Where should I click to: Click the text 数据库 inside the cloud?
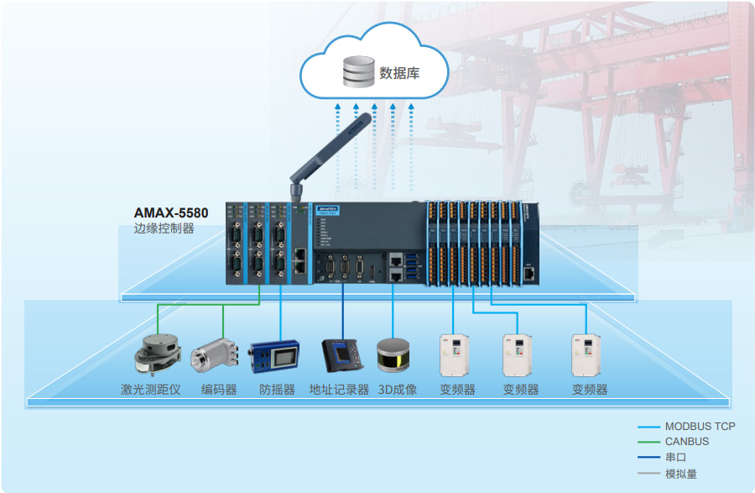[x=399, y=73]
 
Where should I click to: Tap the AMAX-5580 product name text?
[x=171, y=213]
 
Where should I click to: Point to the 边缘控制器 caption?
[x=164, y=228]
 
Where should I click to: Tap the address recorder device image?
[x=342, y=355]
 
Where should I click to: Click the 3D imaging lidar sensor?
[x=393, y=355]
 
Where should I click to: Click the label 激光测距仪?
[x=150, y=390]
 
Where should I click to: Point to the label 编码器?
[x=218, y=390]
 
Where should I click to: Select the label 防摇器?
[x=277, y=390]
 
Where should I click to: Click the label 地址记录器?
[x=339, y=390]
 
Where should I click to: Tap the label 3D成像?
[x=397, y=390]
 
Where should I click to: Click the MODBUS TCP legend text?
[x=700, y=427]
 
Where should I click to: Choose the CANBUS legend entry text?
[x=686, y=442]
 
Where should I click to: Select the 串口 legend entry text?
[x=675, y=458]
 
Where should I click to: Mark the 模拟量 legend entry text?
[x=680, y=474]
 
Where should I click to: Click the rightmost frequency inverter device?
[x=587, y=355]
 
